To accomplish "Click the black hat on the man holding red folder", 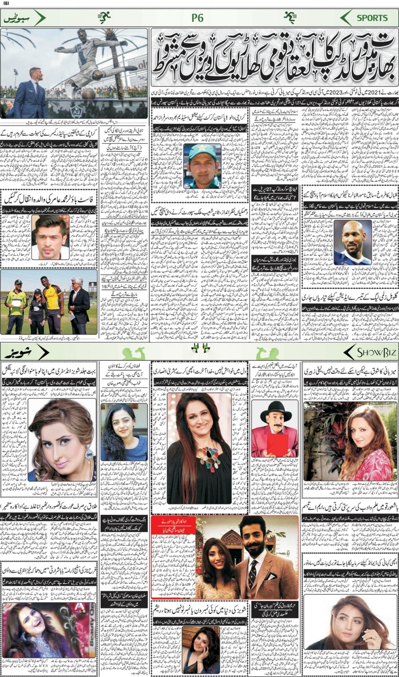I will (x=275, y=409).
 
